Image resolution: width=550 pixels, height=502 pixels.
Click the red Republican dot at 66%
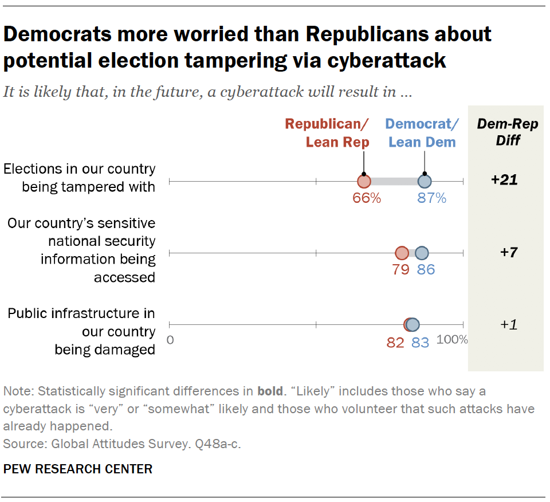364,182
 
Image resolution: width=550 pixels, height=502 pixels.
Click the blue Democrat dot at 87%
424,182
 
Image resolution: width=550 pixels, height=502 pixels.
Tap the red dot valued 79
402,253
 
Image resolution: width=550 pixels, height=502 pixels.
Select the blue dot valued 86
422,253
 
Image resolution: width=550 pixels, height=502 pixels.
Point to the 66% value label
367,198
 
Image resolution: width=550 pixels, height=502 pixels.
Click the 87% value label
431,198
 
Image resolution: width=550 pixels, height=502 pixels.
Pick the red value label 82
395,343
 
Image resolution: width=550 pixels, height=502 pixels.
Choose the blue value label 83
421,343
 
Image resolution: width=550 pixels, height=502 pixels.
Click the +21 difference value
504,180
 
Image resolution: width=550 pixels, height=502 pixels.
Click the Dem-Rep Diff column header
508,132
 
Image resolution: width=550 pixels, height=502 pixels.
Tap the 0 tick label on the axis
170,340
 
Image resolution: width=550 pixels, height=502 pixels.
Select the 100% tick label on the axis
452,339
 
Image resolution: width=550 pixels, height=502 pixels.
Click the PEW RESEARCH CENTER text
78,469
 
